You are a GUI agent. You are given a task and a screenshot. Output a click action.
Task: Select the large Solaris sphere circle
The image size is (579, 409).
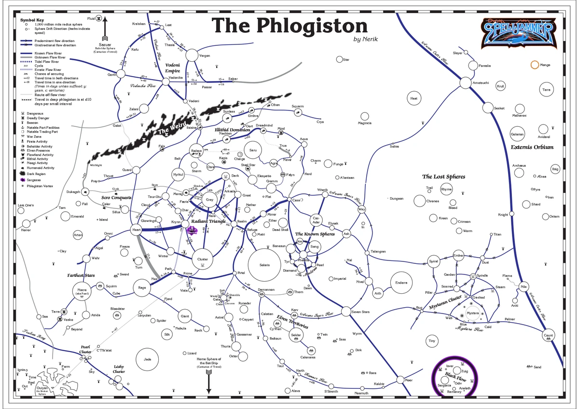pyautogui.click(x=264, y=264)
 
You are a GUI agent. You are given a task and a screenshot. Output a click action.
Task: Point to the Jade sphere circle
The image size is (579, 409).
pyautogui.click(x=147, y=359)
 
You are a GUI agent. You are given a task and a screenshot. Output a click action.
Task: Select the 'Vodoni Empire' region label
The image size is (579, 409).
pyautogui.click(x=173, y=68)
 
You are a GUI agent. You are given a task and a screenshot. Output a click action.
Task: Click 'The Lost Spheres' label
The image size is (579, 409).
pyautogui.click(x=443, y=177)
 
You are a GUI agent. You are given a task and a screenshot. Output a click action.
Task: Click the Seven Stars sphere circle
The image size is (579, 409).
pyautogui.click(x=346, y=312)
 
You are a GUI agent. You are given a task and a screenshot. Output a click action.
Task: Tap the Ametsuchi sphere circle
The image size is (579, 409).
pyautogui.click(x=465, y=82)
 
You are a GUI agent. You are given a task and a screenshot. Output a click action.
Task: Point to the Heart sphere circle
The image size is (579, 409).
pyautogui.click(x=137, y=230)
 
